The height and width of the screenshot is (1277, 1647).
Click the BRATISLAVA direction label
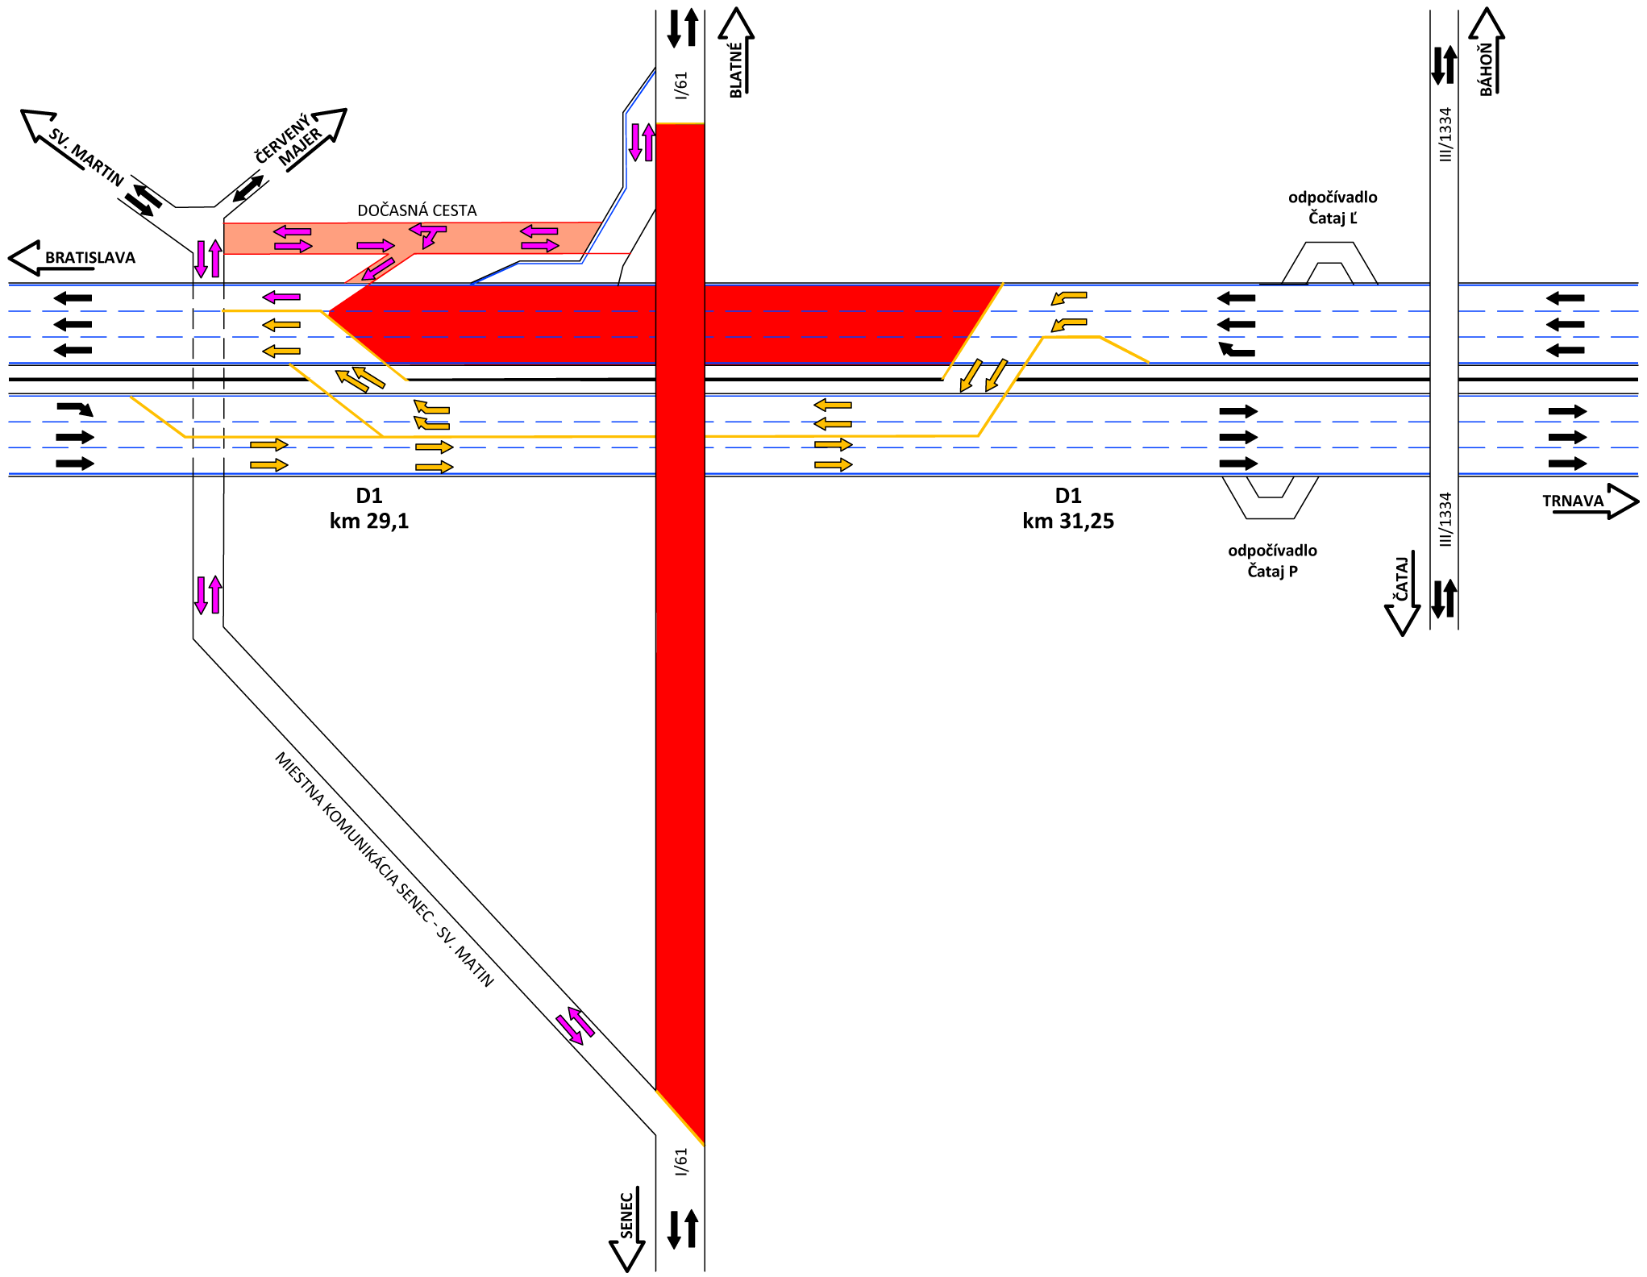pyautogui.click(x=89, y=258)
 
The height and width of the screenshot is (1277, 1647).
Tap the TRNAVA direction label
pyautogui.click(x=1572, y=501)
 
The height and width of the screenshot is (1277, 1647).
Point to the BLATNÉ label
pyautogui.click(x=735, y=71)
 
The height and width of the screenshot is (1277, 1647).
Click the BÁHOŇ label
pyautogui.click(x=1486, y=70)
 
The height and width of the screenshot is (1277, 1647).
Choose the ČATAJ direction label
pyautogui.click(x=1402, y=578)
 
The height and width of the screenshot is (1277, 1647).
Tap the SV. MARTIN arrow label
pyautogui.click(x=85, y=156)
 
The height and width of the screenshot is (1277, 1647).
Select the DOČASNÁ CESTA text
pyautogui.click(x=417, y=210)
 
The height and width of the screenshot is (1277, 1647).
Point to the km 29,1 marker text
pyautogui.click(x=369, y=521)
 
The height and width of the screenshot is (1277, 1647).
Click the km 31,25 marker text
pyautogui.click(x=1068, y=521)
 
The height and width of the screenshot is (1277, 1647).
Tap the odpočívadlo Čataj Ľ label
pyautogui.click(x=1332, y=207)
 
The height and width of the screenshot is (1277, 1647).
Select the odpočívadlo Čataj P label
pyautogui.click(x=1272, y=560)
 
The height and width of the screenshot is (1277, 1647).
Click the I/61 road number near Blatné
pyautogui.click(x=681, y=85)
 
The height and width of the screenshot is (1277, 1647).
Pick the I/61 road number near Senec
pyautogui.click(x=681, y=1162)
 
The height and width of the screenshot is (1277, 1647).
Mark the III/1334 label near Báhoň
pyautogui.click(x=1445, y=134)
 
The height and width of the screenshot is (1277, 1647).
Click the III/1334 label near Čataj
pyautogui.click(x=1445, y=519)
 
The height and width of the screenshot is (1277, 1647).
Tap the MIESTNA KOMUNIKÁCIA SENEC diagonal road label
pyautogui.click(x=384, y=868)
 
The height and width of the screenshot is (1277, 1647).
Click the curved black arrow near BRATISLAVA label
pyautogui.click(x=75, y=409)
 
